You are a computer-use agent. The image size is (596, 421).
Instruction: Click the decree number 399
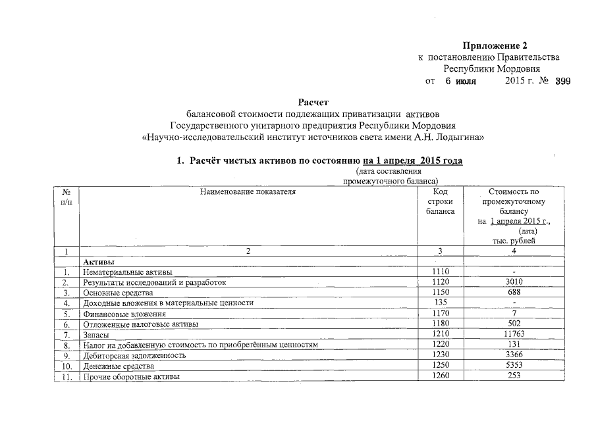[563, 82]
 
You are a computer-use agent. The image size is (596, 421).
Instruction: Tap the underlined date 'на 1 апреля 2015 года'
[412, 161]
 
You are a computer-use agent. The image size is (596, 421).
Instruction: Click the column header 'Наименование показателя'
[249, 192]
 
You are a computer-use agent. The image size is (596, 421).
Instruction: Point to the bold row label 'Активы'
[99, 262]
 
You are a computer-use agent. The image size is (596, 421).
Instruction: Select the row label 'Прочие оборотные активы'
[130, 376]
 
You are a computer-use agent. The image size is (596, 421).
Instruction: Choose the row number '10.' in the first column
[67, 366]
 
